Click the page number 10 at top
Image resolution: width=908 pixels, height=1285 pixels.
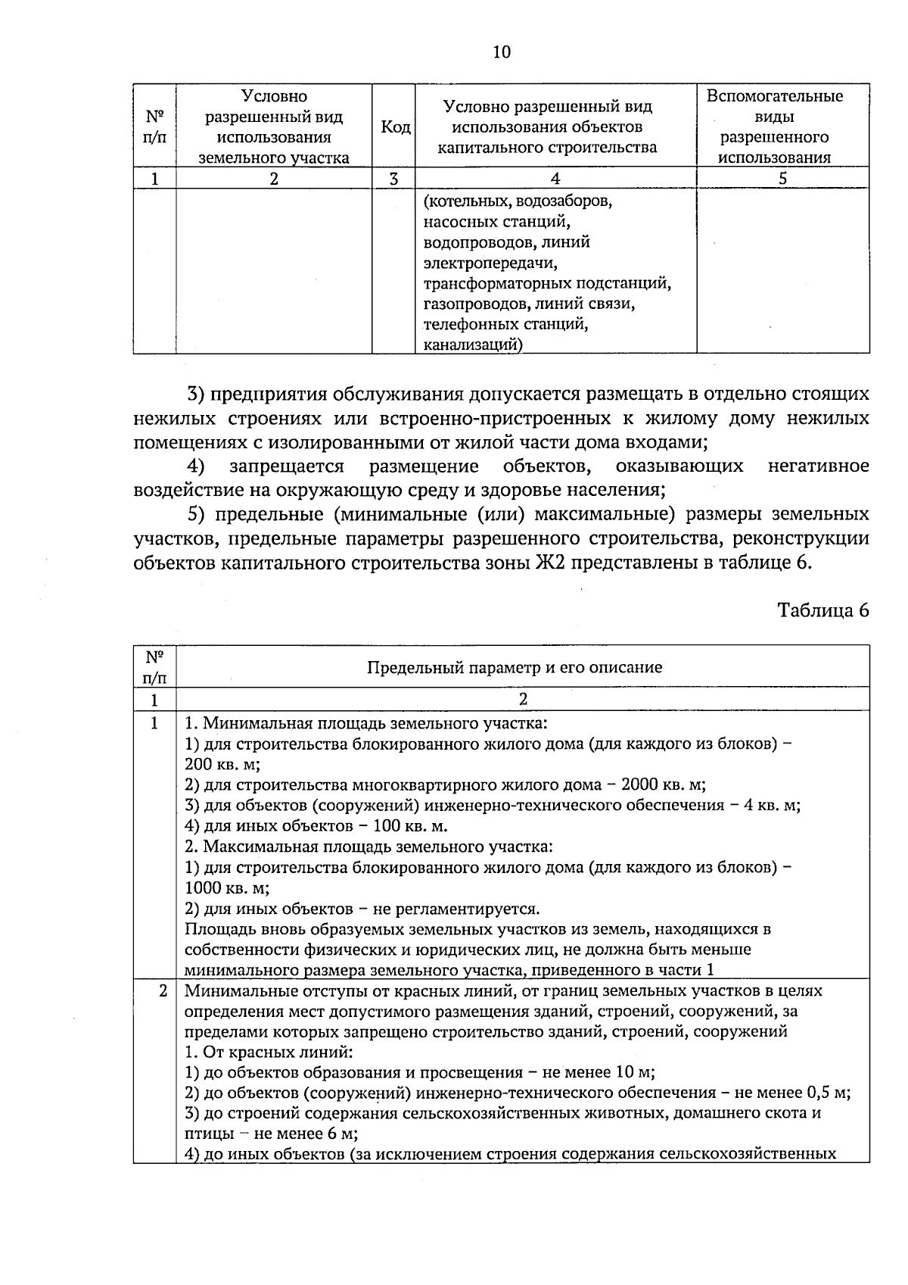(502, 51)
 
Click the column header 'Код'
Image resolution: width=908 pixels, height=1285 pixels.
(394, 126)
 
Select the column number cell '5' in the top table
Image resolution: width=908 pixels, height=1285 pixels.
(782, 179)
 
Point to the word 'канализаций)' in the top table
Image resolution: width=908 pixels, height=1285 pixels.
(472, 345)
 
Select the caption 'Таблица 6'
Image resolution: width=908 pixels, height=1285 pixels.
(823, 610)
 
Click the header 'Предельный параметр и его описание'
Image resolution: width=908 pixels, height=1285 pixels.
(515, 667)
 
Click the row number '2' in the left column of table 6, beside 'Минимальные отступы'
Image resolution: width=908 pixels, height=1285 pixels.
(163, 990)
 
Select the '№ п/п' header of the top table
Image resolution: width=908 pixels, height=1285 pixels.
(154, 126)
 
